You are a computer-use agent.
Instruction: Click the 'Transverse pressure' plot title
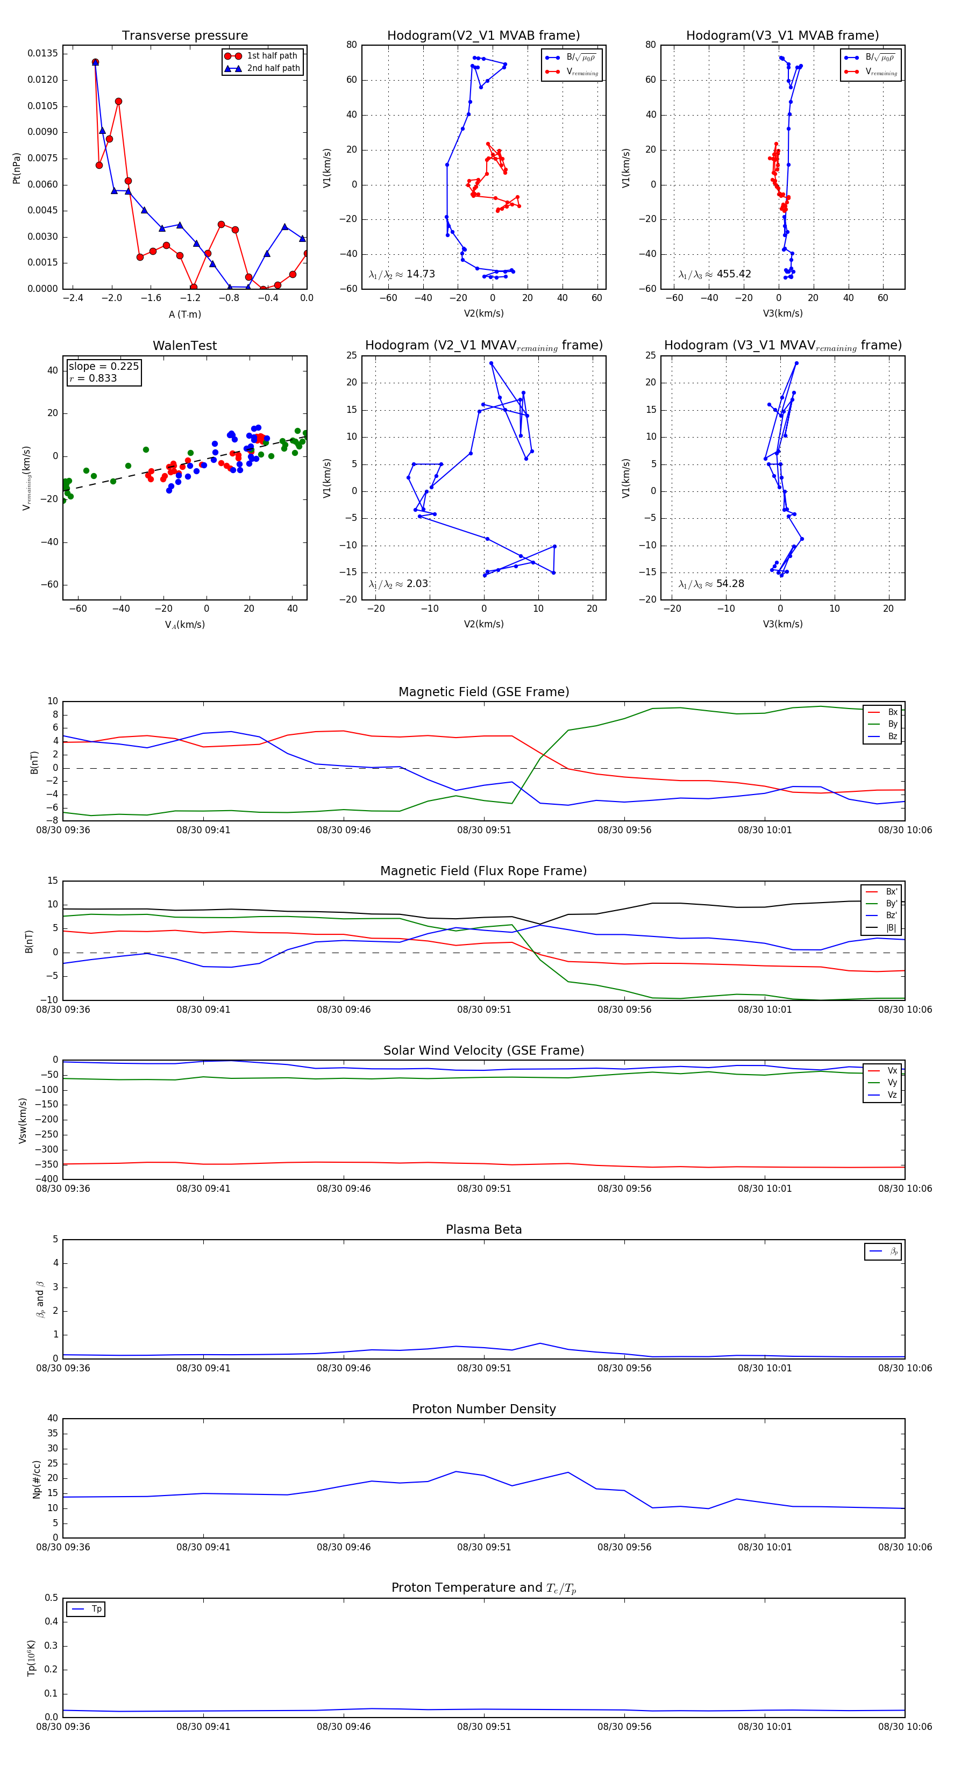click(184, 36)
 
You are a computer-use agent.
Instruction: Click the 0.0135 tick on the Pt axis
click(42, 54)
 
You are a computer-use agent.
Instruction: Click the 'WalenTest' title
click(184, 346)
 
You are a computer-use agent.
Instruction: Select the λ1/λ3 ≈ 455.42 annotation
click(715, 274)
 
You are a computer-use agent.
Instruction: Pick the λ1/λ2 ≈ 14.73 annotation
click(402, 274)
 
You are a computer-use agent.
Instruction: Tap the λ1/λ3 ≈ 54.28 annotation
click(711, 584)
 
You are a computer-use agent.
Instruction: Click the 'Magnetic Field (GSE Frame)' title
click(483, 692)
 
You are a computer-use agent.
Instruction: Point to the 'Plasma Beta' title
click(483, 1230)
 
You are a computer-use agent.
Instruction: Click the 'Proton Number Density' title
click(483, 1409)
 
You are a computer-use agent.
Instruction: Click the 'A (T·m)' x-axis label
click(184, 314)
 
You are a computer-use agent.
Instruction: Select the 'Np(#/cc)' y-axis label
click(37, 1479)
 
